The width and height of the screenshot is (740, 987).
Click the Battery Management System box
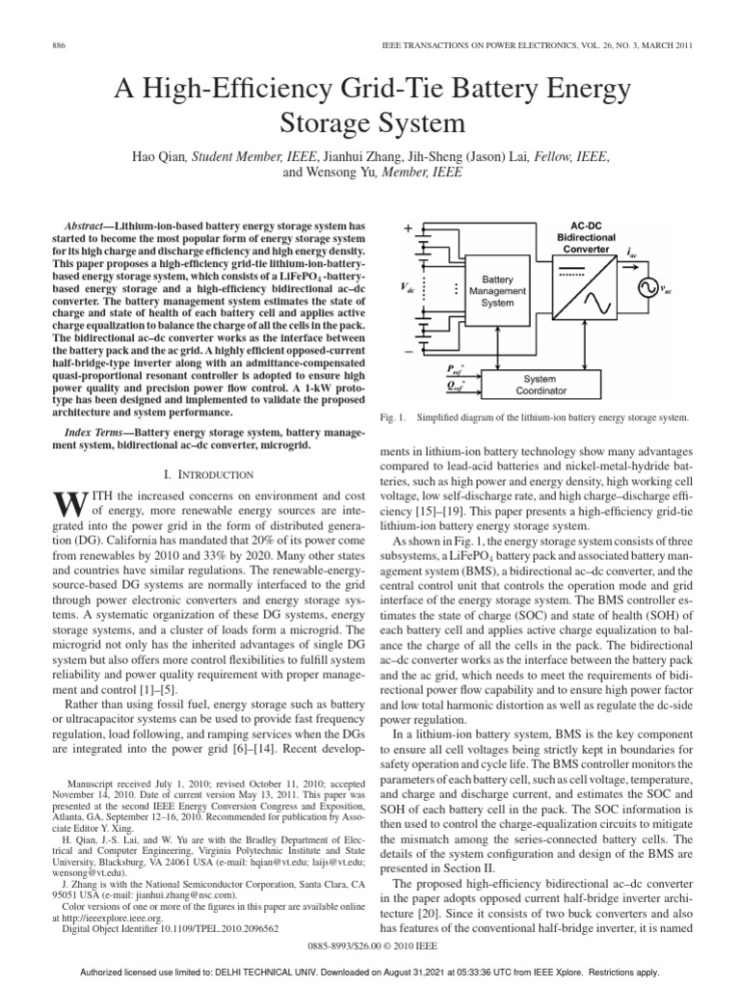[x=498, y=290]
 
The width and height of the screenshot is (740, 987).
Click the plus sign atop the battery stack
[x=409, y=227]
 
